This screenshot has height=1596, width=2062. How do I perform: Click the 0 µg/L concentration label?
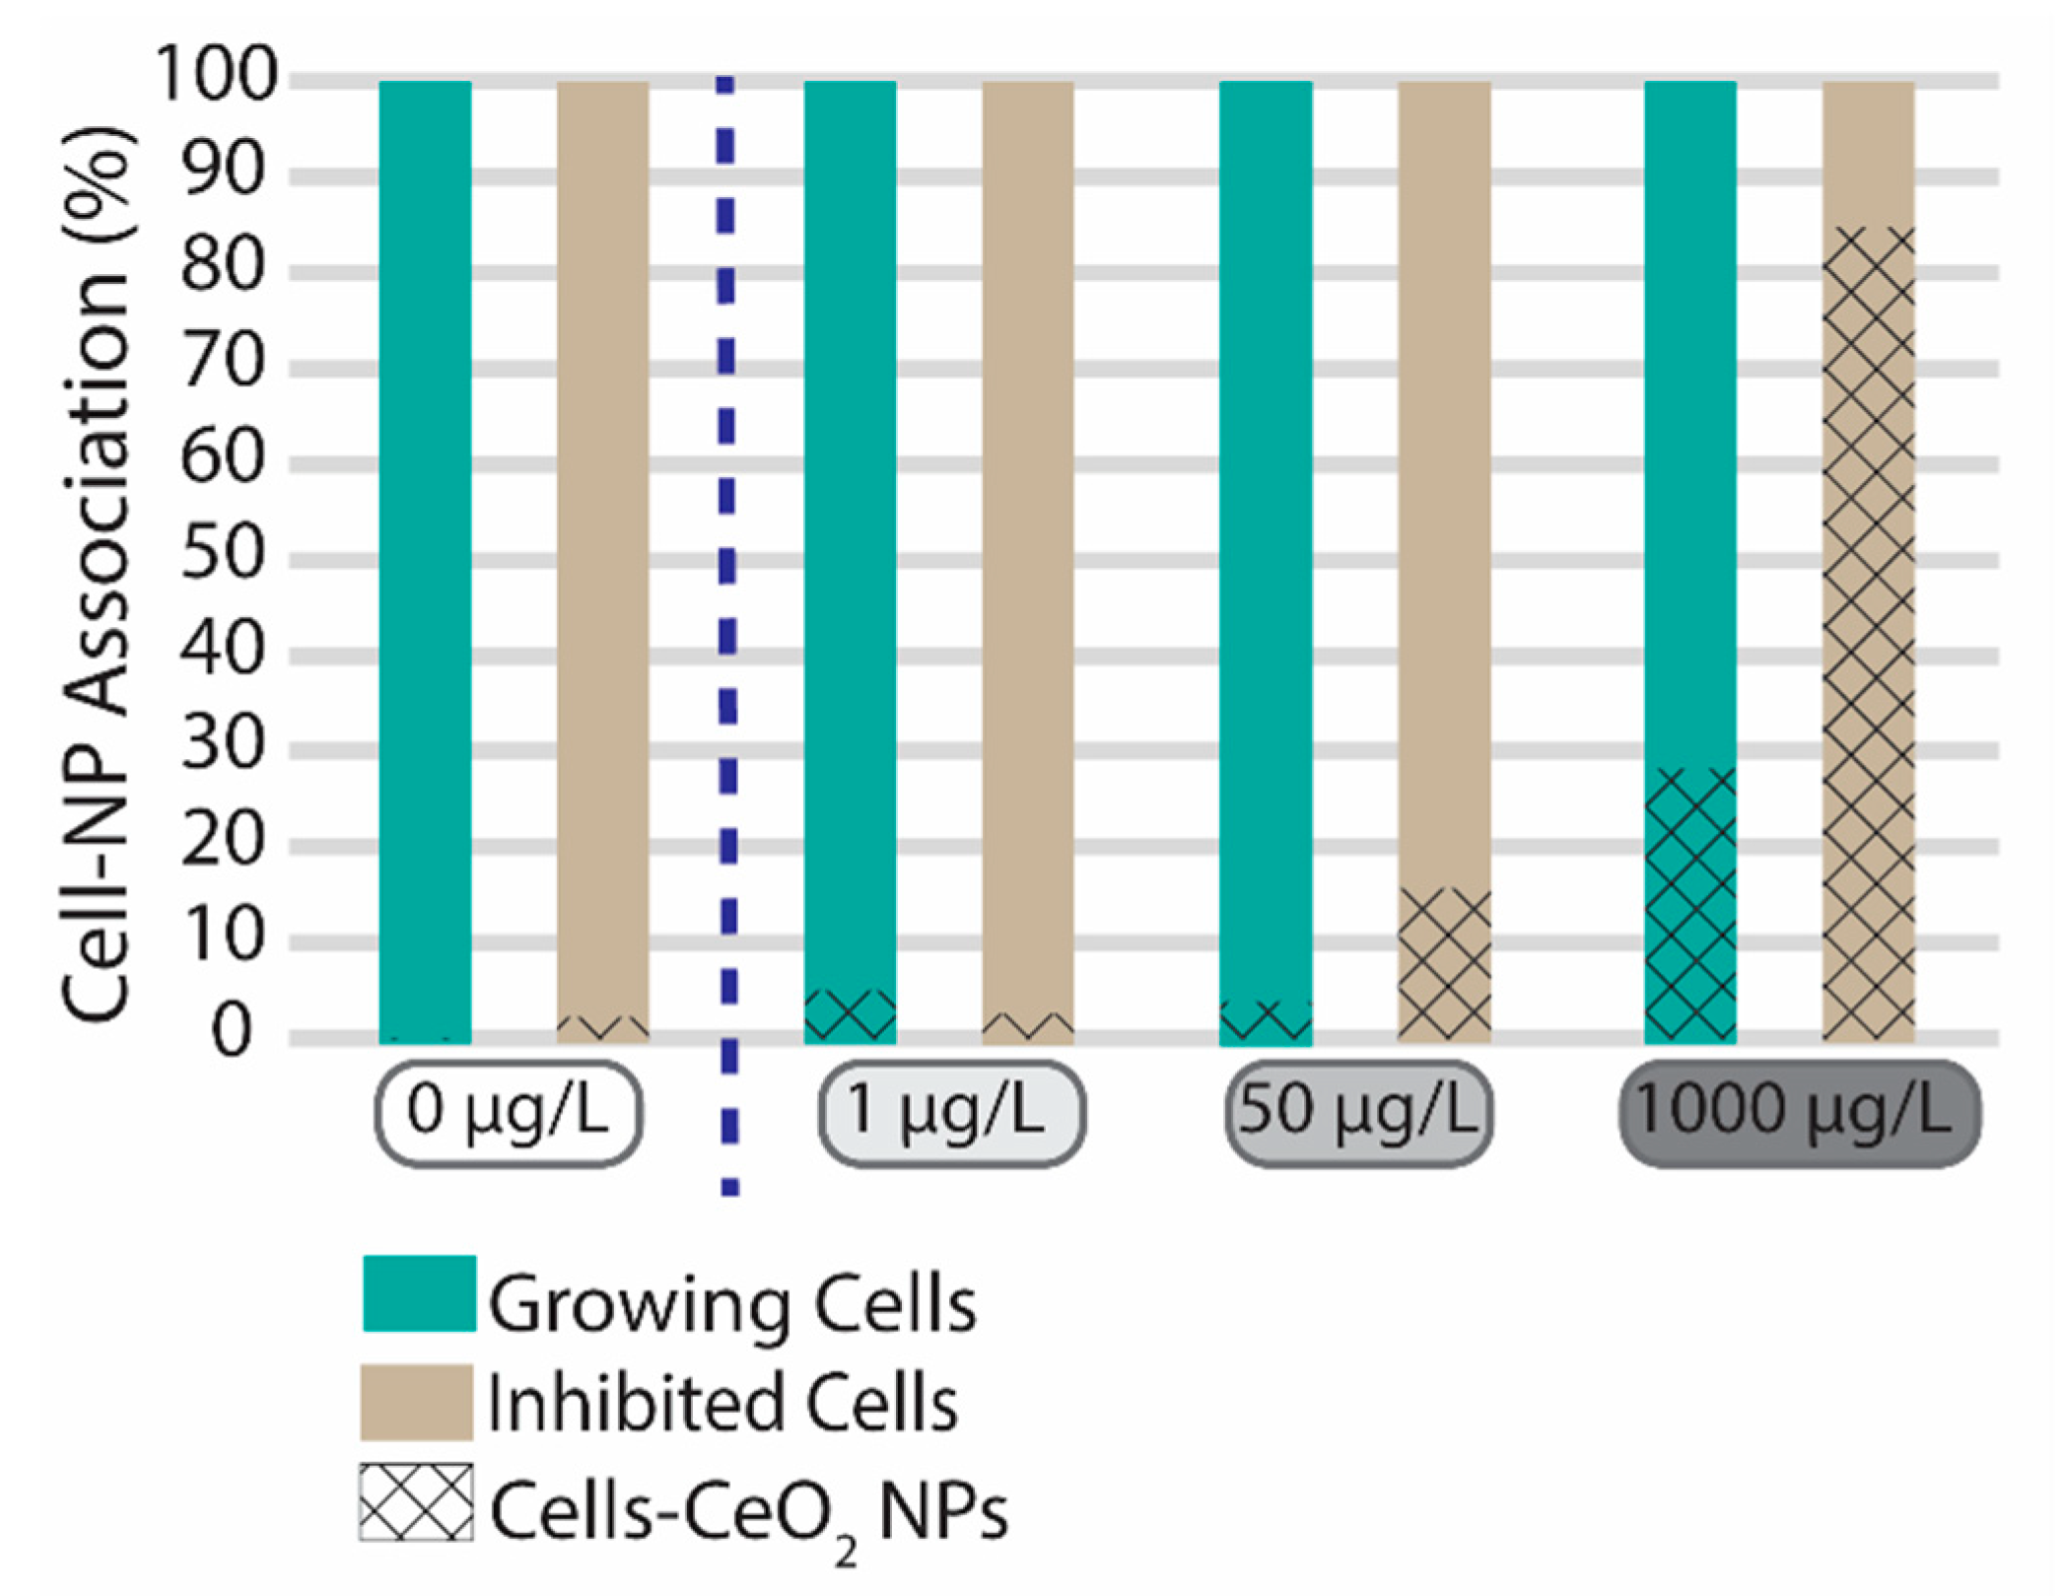(509, 1112)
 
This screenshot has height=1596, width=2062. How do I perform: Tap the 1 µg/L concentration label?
(951, 1112)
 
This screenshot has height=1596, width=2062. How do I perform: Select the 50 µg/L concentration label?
(1358, 1112)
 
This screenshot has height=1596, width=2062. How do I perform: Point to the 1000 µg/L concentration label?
(1798, 1112)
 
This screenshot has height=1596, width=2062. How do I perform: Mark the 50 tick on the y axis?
(224, 553)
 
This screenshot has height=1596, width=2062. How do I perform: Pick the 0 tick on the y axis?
(233, 1032)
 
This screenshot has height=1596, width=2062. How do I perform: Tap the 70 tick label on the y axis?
(224, 363)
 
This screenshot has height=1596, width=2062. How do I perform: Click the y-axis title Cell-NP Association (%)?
(97, 572)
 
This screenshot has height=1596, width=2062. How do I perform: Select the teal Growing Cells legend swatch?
(419, 1293)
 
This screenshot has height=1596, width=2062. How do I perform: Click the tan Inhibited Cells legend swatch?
(416, 1401)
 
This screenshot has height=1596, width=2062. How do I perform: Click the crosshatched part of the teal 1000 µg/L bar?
(1689, 904)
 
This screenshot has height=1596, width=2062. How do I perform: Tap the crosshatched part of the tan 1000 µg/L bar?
(1868, 631)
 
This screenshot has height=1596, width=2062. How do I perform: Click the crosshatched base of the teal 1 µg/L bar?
(850, 1015)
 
